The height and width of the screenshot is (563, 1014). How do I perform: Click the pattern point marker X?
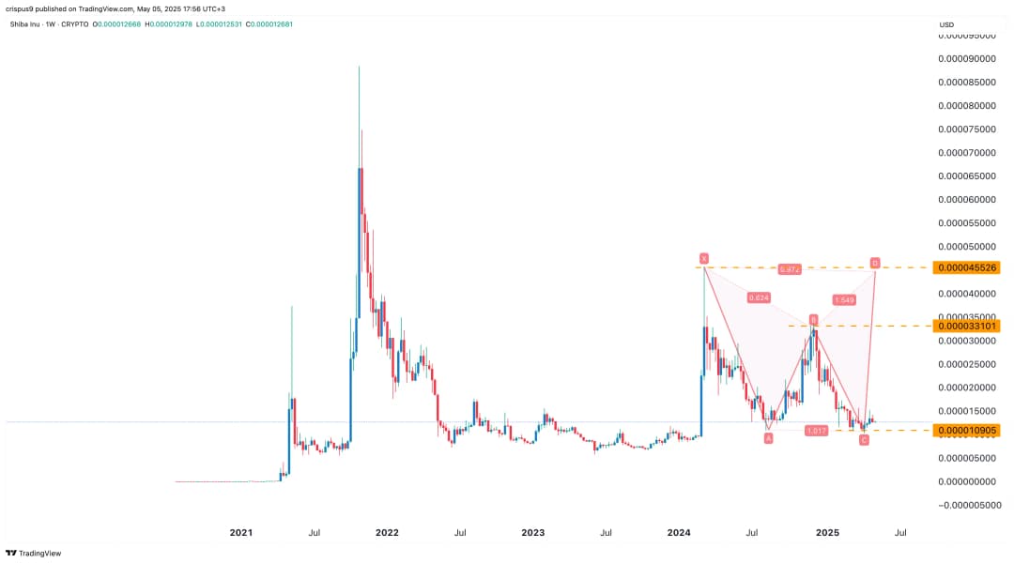[703, 258]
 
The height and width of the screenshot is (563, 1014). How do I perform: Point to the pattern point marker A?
[768, 438]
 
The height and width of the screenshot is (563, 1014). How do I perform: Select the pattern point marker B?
[814, 319]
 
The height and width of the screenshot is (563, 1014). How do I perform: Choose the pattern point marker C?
[864, 439]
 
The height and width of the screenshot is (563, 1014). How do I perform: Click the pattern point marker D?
[875, 263]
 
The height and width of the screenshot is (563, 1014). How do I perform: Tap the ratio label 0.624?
[759, 297]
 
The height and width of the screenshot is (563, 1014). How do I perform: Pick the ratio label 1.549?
[843, 299]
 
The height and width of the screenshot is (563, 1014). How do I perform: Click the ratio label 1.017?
[817, 430]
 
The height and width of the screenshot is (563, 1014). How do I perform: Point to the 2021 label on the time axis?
[241, 532]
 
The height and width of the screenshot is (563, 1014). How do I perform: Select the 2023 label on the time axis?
[532, 532]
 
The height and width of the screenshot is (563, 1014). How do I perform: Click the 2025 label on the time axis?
[826, 532]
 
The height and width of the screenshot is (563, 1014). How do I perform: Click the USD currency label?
[946, 24]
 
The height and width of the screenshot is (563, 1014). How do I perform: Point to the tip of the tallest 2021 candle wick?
[359, 66]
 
